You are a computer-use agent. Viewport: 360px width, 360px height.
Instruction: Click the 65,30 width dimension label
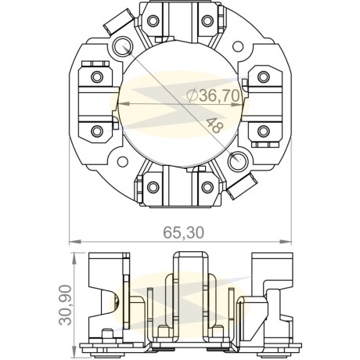coord(183,232)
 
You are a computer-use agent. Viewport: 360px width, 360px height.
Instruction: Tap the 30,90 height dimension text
coord(65,304)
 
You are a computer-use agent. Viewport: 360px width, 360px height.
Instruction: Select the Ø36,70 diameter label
coord(214,95)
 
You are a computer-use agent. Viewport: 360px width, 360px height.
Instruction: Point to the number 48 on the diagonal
coord(215,125)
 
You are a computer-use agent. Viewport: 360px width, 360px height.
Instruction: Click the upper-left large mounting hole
coord(122,46)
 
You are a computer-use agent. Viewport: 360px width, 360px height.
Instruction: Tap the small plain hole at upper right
coord(238,46)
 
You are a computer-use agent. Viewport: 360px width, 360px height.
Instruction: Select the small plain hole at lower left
coord(122,161)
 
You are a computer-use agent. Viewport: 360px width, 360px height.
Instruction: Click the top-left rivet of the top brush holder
coord(153,20)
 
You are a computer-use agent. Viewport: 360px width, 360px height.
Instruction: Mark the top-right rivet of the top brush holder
coord(207,20)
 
